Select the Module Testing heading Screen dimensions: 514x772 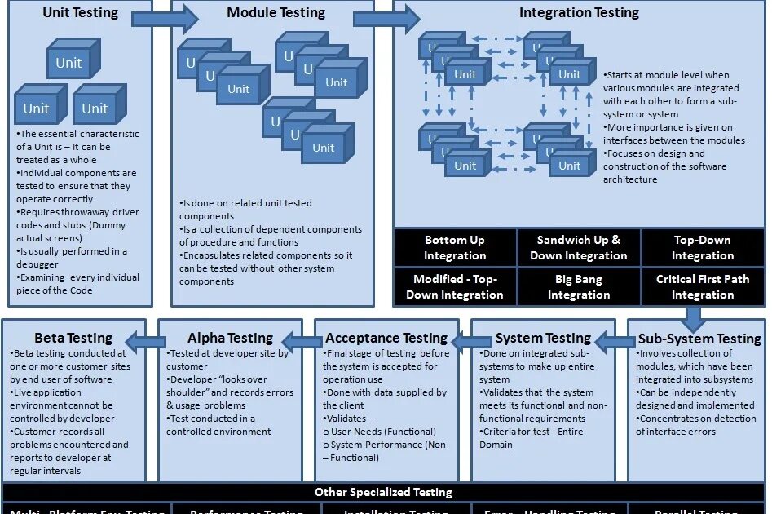tap(276, 13)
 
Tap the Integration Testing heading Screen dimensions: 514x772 tap(579, 13)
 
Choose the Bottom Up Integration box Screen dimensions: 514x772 tap(455, 248)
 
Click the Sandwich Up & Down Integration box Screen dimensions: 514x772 tap(579, 248)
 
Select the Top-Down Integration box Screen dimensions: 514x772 tap(702, 248)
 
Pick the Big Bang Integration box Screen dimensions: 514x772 tap(579, 286)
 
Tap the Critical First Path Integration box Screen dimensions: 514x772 tap(702, 286)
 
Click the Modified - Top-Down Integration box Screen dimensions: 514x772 tap(455, 286)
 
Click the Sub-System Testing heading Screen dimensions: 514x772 tap(699, 339)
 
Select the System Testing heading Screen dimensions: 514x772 tap(543, 338)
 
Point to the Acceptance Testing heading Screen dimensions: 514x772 tap(386, 338)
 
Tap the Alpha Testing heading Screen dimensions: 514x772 tap(230, 338)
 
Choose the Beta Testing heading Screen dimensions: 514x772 tap(73, 338)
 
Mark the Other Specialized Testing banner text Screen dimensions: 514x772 tap(383, 492)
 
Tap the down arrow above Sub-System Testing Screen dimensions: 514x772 tap(694, 317)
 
